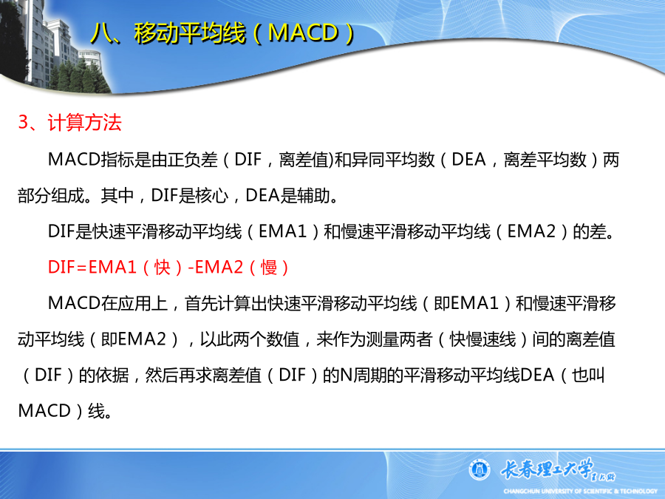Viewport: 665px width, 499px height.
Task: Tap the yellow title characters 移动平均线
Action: pyautogui.click(x=190, y=33)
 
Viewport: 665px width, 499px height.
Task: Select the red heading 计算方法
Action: pyautogui.click(x=85, y=123)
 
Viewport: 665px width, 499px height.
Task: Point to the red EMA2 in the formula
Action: pyautogui.click(x=219, y=268)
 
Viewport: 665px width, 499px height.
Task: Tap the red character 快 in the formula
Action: pyautogui.click(x=163, y=268)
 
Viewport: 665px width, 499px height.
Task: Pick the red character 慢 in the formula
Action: pyautogui.click(x=269, y=268)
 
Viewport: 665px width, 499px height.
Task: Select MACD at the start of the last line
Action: pyautogui.click(x=44, y=411)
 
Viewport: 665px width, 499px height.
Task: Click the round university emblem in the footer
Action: pyautogui.click(x=480, y=470)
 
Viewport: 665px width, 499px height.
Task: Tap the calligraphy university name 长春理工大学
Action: pyautogui.click(x=547, y=468)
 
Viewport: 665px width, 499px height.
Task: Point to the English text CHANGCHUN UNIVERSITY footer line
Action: pyautogui.click(x=580, y=491)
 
